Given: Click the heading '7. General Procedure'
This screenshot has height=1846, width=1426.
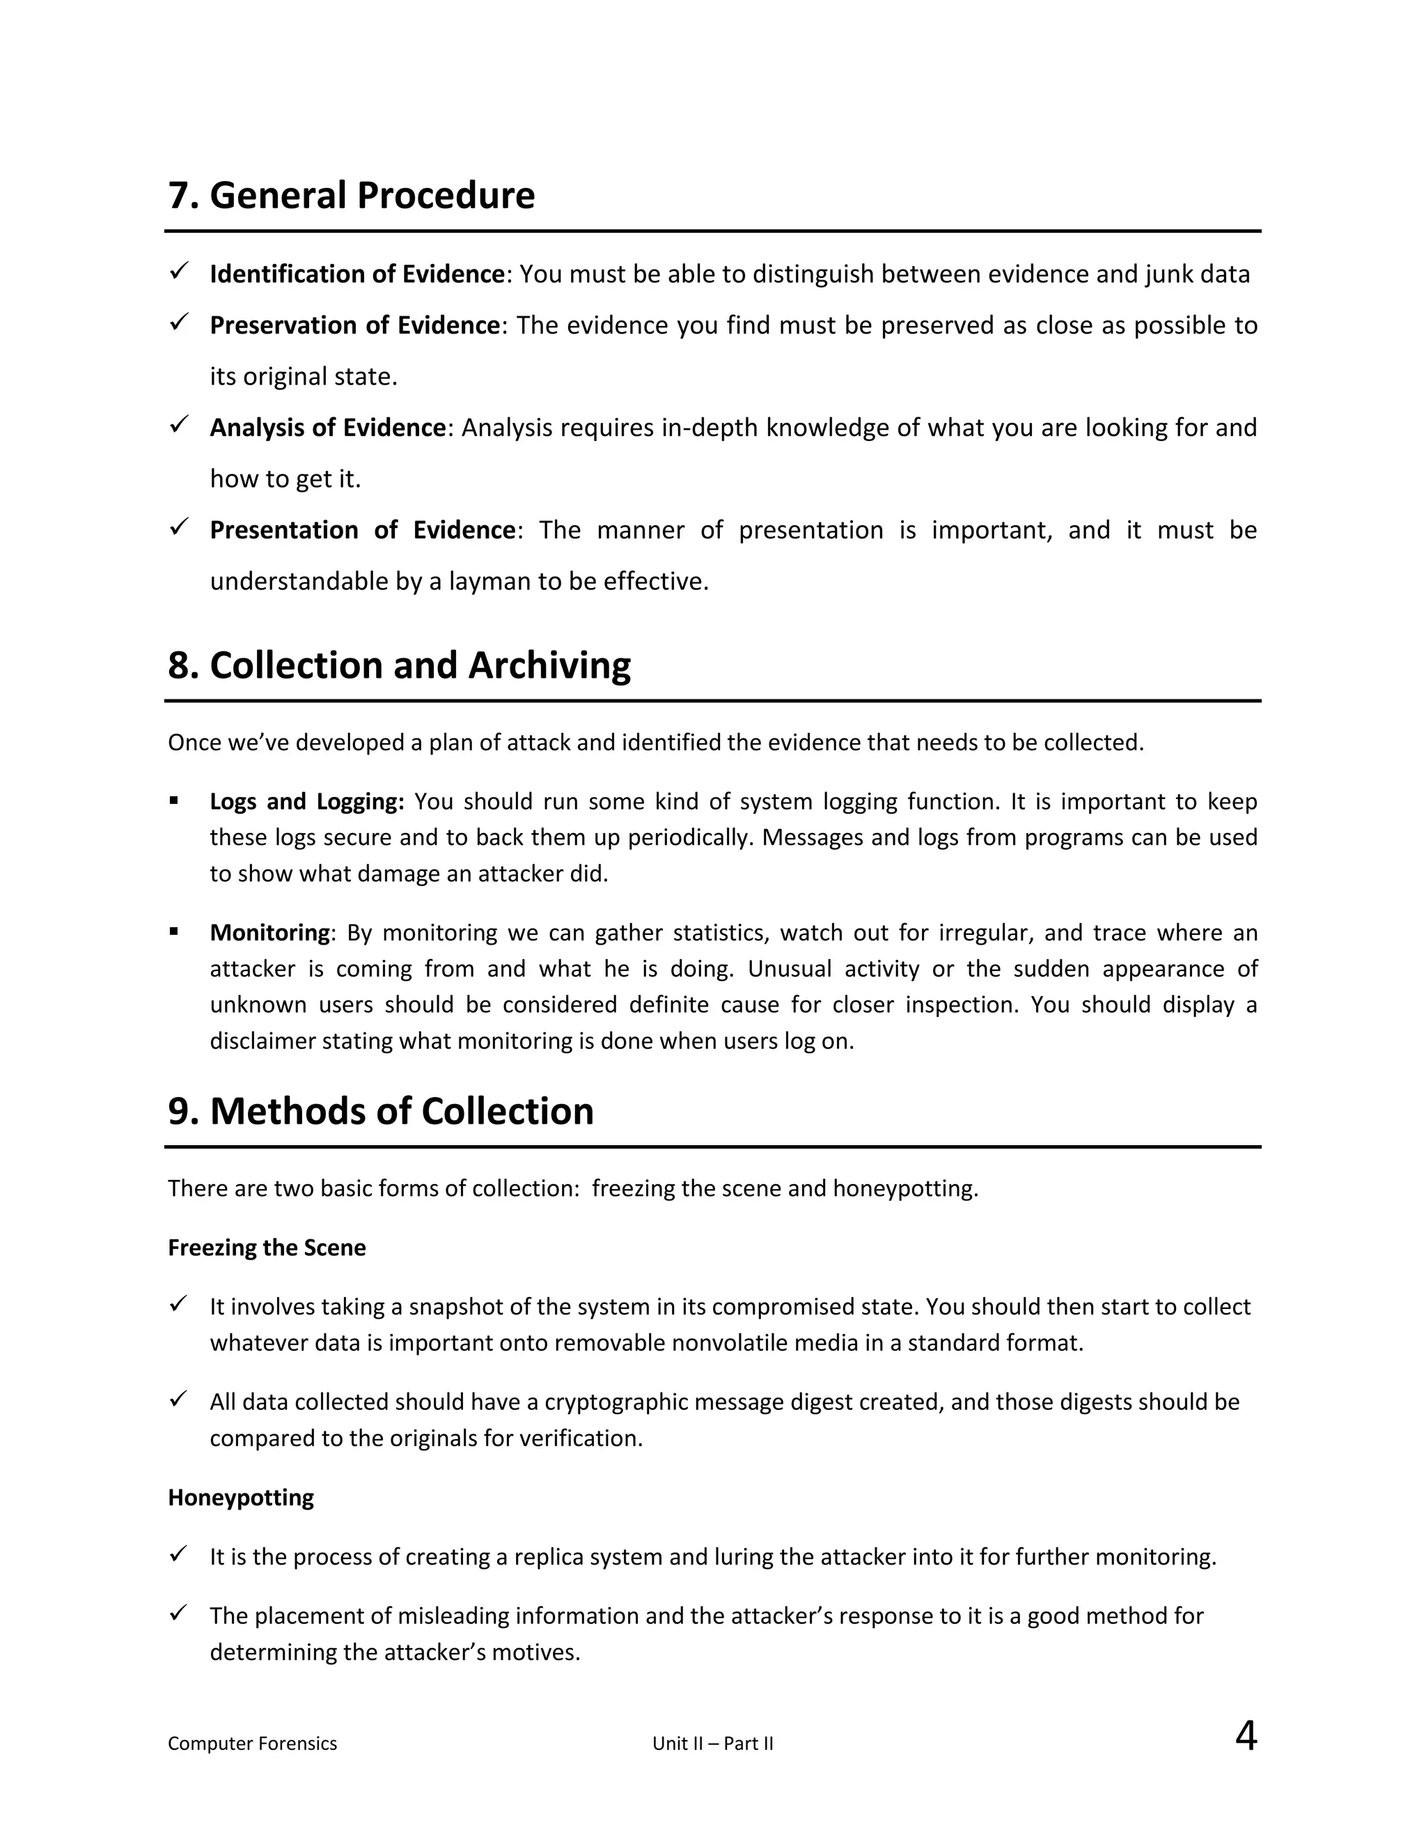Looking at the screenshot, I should click(x=352, y=195).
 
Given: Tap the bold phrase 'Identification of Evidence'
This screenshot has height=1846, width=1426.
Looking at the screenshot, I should click(x=356, y=274).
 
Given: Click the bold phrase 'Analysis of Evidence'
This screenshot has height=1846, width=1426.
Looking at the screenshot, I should click(x=327, y=428).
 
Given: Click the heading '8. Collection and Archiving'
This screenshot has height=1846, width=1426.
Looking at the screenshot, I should click(x=399, y=665).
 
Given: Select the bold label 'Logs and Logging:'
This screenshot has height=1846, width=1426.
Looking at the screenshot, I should click(x=306, y=801).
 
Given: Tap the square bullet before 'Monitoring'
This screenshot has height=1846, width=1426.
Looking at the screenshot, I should click(x=174, y=931).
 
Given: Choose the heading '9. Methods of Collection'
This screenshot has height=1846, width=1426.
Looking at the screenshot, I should click(x=380, y=1110).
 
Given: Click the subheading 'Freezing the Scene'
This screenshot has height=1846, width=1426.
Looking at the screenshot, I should click(x=266, y=1248).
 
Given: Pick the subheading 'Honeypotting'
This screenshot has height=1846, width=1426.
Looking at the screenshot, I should click(x=241, y=1497).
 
